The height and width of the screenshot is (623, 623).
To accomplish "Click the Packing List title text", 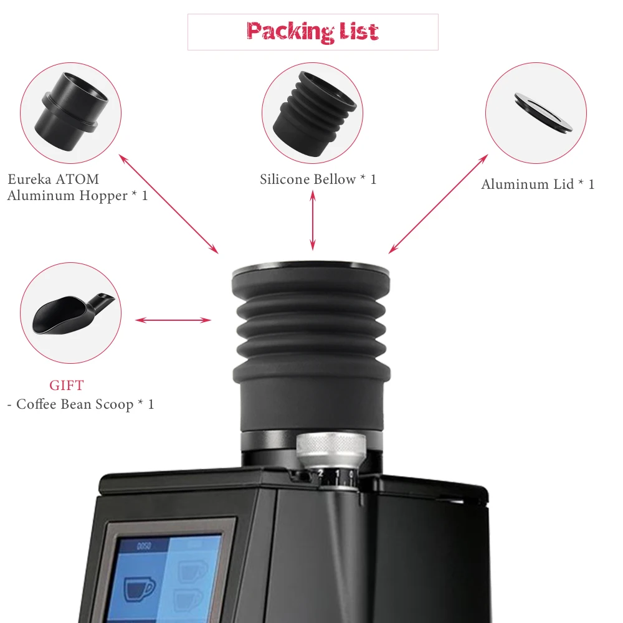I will [x=312, y=31].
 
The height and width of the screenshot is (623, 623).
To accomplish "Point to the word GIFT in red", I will [x=67, y=385].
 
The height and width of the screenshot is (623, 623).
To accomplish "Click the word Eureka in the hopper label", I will [x=31, y=179].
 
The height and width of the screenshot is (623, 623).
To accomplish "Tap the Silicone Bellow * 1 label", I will [x=318, y=179].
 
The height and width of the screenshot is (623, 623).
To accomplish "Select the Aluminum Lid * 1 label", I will [x=538, y=184].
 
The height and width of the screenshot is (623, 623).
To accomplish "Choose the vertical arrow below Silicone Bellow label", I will [x=313, y=221].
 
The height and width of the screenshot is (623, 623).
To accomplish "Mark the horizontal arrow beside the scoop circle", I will [x=173, y=320].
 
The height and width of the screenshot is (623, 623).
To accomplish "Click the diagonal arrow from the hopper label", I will [x=168, y=204].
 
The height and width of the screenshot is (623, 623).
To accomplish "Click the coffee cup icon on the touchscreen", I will [x=140, y=587].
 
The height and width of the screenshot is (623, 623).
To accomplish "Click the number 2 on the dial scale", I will [x=321, y=474].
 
